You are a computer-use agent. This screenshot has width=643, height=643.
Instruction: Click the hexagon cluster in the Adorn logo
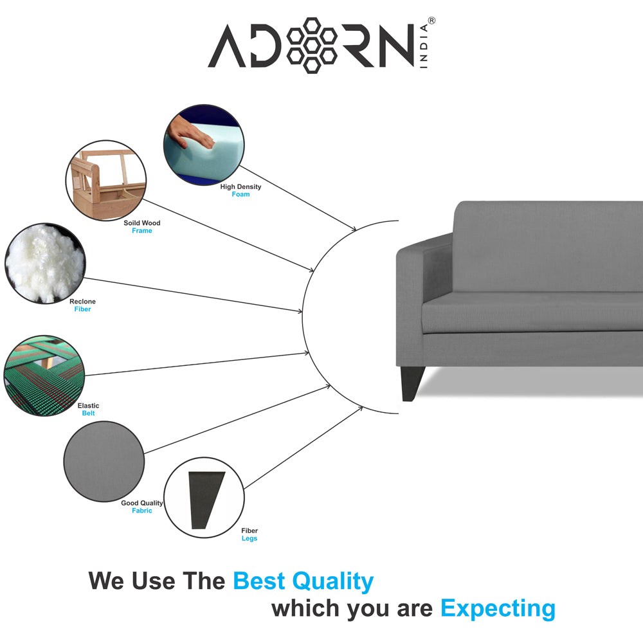point(312,46)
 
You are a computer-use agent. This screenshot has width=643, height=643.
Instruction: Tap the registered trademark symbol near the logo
point(431,21)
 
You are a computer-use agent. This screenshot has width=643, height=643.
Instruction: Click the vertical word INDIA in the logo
point(424,46)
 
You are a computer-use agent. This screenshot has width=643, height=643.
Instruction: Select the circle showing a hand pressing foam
point(204,145)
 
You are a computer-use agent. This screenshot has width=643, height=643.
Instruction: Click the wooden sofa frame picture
point(106,181)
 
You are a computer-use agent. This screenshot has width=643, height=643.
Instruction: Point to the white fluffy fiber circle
point(45,263)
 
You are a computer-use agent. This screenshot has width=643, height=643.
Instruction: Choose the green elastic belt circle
point(44,376)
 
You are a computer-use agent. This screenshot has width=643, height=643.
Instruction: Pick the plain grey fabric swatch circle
point(104,461)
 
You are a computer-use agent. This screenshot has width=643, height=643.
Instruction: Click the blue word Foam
point(240,194)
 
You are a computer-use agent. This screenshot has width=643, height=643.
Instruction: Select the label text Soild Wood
point(142,223)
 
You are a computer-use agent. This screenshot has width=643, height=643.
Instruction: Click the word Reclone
point(82,302)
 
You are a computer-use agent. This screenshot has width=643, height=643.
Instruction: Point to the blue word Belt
point(88,413)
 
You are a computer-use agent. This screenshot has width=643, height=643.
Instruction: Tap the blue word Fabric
point(142,511)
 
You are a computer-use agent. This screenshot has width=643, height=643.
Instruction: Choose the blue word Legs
point(249,538)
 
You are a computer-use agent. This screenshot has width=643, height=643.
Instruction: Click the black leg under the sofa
point(413,383)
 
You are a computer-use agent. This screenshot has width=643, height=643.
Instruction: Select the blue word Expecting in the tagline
point(498,608)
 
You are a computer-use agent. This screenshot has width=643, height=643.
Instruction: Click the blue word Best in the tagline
point(258,581)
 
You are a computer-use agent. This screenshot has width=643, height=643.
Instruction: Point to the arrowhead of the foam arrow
point(354,229)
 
